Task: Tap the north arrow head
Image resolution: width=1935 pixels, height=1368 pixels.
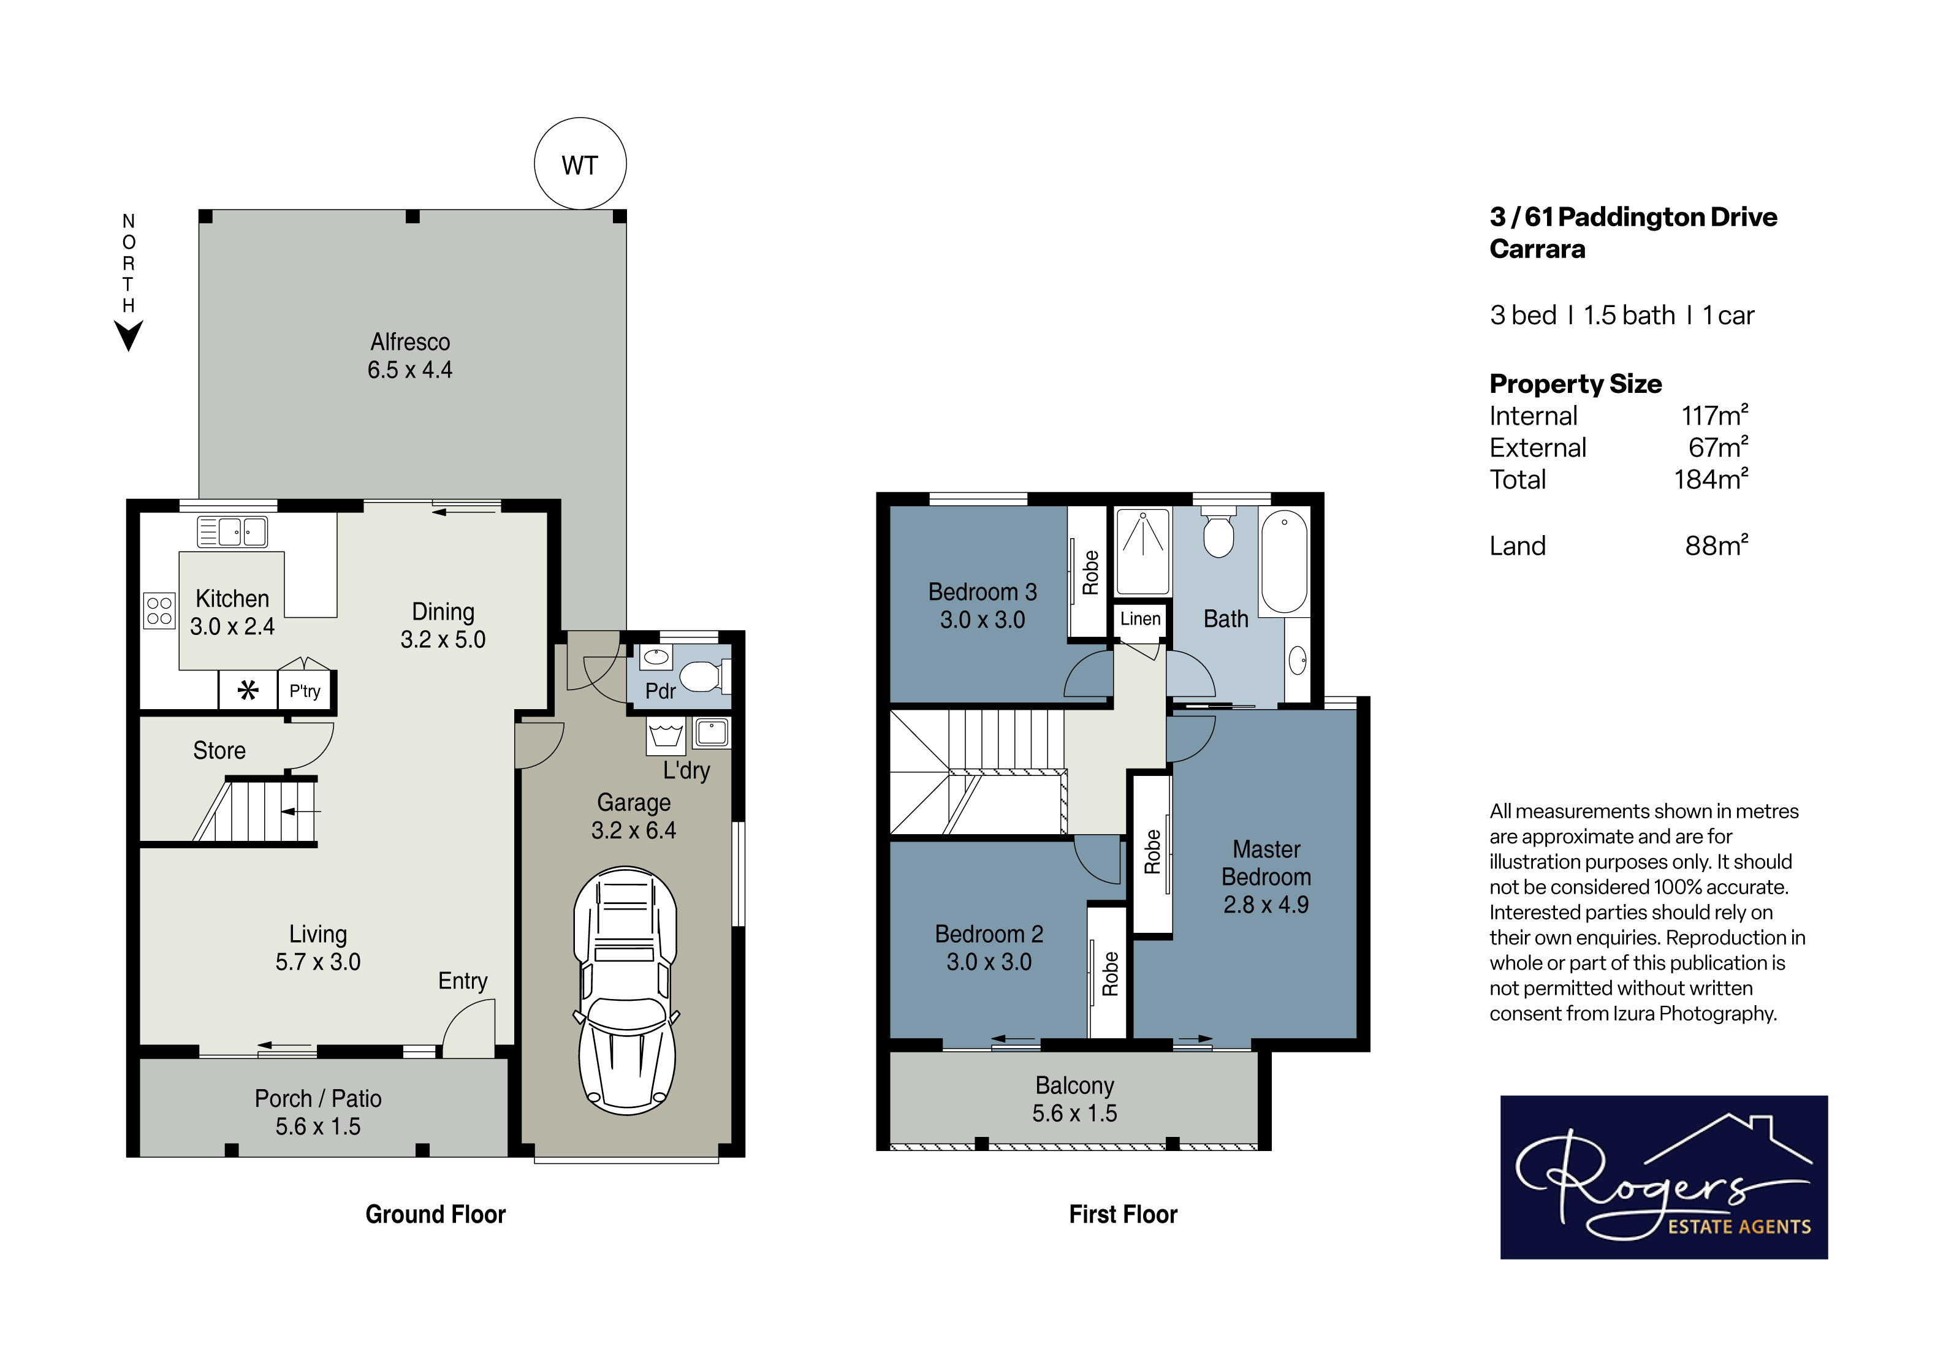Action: (128, 335)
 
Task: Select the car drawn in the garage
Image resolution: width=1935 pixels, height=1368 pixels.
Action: (626, 990)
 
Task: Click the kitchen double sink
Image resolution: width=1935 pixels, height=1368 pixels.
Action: (232, 532)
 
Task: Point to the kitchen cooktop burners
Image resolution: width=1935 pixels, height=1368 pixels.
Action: (159, 611)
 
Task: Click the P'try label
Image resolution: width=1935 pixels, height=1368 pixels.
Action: (304, 691)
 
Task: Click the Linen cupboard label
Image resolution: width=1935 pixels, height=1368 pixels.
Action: (1140, 618)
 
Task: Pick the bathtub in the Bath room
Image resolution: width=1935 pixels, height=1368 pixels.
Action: (1285, 561)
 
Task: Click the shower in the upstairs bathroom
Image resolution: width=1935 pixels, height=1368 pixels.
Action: (1142, 551)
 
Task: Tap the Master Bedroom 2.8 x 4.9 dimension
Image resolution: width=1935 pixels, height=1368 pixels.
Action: (1266, 905)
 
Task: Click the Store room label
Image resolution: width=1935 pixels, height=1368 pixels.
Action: (219, 750)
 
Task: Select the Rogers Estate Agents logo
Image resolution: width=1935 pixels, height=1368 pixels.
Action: (1663, 1177)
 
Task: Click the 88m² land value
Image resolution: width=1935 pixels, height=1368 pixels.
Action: (1717, 545)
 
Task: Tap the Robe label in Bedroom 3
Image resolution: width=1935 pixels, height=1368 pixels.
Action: (1090, 572)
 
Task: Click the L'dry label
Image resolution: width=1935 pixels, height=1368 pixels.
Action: (686, 770)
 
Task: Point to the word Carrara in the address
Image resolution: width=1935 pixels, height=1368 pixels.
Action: (1537, 249)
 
